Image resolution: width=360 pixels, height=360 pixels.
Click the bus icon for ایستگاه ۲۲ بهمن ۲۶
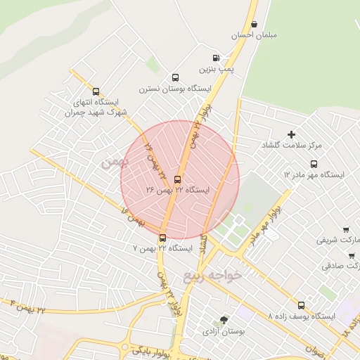tap(176, 179)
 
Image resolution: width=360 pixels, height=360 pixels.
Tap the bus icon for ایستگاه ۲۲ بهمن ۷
tap(162, 238)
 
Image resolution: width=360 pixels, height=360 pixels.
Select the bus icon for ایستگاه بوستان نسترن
tap(175, 78)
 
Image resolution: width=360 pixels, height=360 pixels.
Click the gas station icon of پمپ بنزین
tap(214, 58)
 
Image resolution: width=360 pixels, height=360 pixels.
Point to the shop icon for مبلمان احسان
tap(254, 24)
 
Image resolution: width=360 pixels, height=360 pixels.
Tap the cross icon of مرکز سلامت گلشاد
tap(292, 134)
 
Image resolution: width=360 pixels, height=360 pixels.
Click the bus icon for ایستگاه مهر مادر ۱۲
tap(314, 164)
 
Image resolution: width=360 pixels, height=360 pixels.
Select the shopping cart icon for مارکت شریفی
tap(346, 229)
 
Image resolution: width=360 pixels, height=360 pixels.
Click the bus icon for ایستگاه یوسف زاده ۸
tap(302, 305)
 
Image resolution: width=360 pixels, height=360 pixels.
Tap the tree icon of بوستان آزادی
tap(224, 319)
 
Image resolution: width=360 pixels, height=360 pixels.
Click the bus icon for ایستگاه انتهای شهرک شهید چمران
tap(96, 91)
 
